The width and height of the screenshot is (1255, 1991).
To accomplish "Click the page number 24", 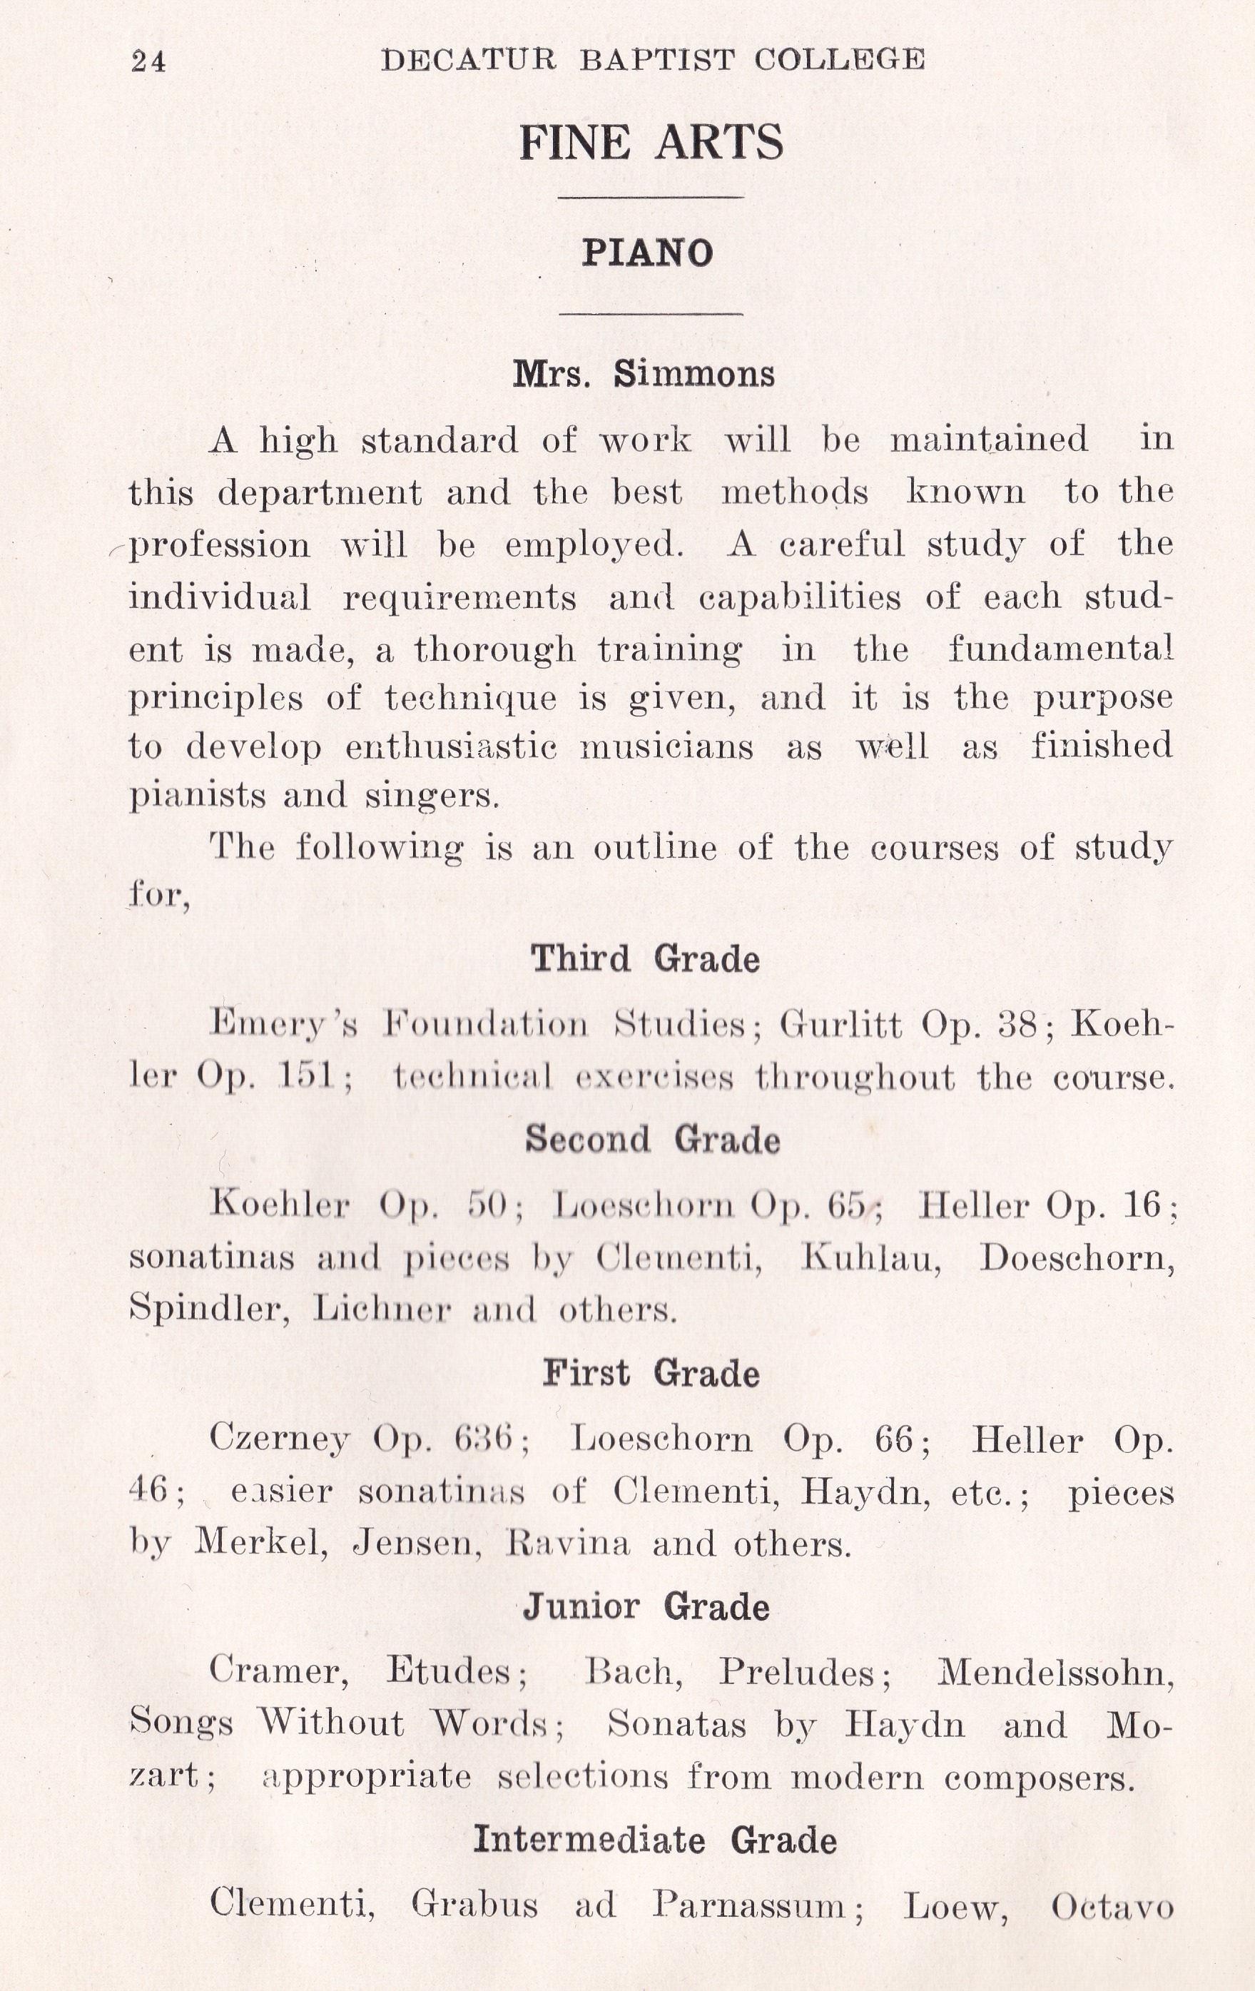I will [149, 62].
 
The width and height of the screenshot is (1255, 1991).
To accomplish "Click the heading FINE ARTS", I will [651, 142].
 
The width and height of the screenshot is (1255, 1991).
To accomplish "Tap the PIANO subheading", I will [647, 253].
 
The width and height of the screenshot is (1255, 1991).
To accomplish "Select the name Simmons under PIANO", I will [693, 375].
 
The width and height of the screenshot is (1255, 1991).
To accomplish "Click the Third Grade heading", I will [645, 959].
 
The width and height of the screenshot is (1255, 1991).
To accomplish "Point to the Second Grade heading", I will [652, 1140].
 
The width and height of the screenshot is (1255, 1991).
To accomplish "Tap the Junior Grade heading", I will [646, 1606].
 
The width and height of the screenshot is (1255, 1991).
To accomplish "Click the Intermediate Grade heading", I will [655, 1840].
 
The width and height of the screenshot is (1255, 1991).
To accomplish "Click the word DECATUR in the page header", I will [469, 59].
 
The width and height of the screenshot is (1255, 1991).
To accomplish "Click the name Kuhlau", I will [871, 1257].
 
